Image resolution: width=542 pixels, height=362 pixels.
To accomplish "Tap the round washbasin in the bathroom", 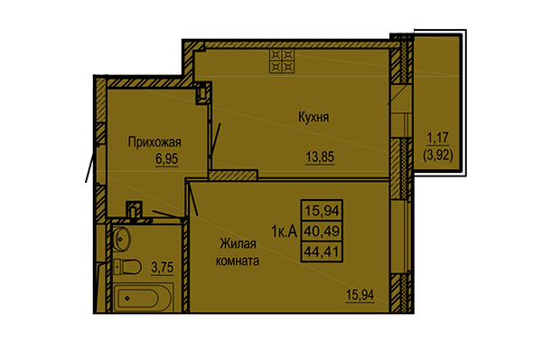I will [x=125, y=240].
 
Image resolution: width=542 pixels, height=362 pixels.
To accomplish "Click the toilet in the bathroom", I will [x=126, y=266].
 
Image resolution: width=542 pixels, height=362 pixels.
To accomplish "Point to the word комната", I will [x=238, y=261].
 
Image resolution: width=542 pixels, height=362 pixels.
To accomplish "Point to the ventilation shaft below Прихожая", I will [x=134, y=210].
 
